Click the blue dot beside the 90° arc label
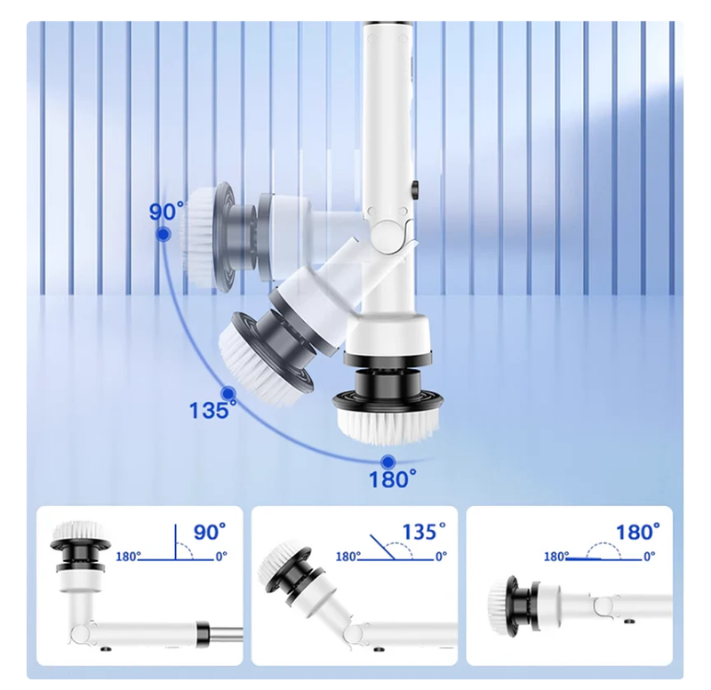coord(163,235)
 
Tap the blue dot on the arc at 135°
coord(228,392)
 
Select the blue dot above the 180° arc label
coord(387,462)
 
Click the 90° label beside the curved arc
coord(166,212)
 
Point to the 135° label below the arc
coord(212,411)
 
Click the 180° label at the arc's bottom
coord(393,479)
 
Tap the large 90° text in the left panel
coord(210,531)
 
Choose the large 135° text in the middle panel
coord(424,531)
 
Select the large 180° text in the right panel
coord(637,532)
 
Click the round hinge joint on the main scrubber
coord(387,234)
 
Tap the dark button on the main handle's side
coord(415,189)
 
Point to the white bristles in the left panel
coord(79,529)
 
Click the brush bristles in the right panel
coord(497,605)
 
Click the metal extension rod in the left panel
coord(226,633)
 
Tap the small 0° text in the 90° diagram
coord(221,556)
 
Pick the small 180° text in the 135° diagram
coord(348,556)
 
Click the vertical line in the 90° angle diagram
coord(175,542)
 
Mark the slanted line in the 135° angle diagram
coord(382,548)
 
